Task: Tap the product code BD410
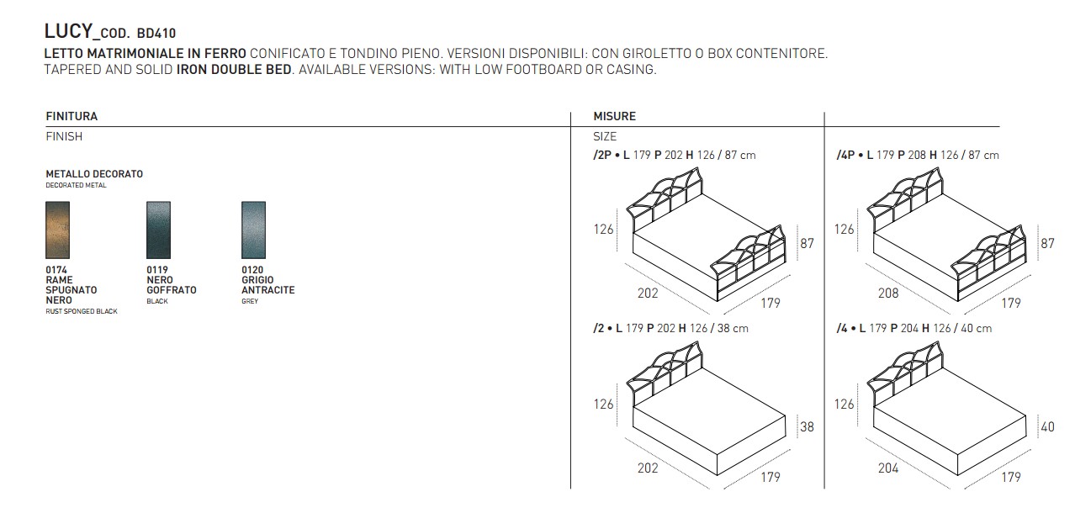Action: point(156,34)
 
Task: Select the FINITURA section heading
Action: point(71,116)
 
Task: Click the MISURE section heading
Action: point(614,116)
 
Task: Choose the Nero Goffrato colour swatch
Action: point(158,230)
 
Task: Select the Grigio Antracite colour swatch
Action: point(253,230)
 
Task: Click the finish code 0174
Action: point(56,270)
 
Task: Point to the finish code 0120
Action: point(252,270)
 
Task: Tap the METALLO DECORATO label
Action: point(94,174)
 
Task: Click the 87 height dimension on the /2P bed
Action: point(807,243)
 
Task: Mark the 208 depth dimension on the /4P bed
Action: point(888,293)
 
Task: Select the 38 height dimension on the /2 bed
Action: point(807,426)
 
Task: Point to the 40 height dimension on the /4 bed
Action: point(1048,426)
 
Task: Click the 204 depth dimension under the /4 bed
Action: point(888,468)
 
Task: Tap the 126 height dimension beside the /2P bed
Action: point(604,229)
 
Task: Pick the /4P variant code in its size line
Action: point(845,156)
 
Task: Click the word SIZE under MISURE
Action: point(605,136)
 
